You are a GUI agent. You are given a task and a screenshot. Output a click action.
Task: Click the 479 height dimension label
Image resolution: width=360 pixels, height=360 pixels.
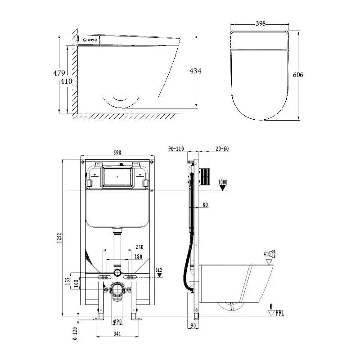click(x=59, y=73)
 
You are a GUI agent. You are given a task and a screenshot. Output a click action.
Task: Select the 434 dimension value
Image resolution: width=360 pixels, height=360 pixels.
click(x=195, y=71)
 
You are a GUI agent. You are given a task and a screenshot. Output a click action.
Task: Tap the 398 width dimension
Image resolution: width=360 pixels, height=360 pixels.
click(x=261, y=23)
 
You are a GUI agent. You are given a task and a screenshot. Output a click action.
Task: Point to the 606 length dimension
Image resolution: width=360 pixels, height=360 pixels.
click(x=298, y=75)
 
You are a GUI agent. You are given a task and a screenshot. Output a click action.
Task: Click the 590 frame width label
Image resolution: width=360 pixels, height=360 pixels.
click(x=117, y=153)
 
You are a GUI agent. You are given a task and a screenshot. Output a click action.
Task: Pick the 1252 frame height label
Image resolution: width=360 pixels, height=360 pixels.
click(x=59, y=238)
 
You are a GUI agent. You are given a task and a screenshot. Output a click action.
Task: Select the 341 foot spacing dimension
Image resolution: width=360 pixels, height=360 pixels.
click(x=117, y=333)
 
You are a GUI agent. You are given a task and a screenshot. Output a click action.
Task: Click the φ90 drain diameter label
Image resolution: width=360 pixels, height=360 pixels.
click(x=117, y=321)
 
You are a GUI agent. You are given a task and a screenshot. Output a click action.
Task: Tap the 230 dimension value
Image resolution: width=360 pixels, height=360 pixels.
click(x=139, y=247)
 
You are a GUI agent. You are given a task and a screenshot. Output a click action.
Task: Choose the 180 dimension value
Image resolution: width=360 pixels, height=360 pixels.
click(x=138, y=256)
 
